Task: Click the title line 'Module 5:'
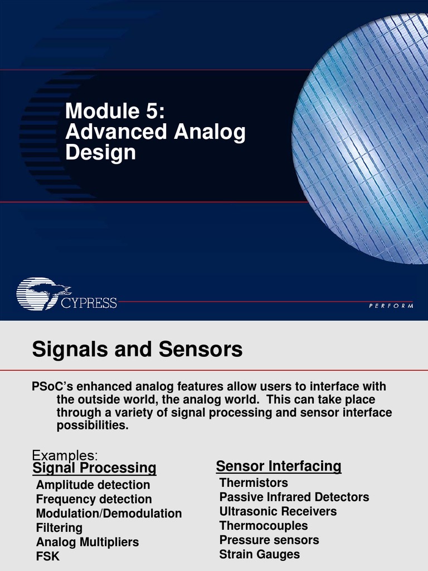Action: [115, 111]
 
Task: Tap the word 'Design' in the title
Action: [100, 152]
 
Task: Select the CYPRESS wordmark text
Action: [89, 303]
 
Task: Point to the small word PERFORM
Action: [391, 306]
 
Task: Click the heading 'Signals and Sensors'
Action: [137, 350]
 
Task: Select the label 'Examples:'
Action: [65, 455]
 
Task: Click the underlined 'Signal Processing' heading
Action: [94, 467]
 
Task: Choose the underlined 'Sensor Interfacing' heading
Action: [279, 466]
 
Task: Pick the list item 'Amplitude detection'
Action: [93, 485]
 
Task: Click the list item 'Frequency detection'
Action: [94, 499]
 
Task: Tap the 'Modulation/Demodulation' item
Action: [109, 513]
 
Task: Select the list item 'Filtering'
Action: [59, 528]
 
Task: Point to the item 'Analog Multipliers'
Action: [87, 542]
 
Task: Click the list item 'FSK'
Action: [48, 557]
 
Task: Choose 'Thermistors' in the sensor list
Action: [254, 483]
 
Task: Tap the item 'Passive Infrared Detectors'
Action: [294, 497]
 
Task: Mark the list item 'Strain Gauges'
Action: [260, 554]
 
